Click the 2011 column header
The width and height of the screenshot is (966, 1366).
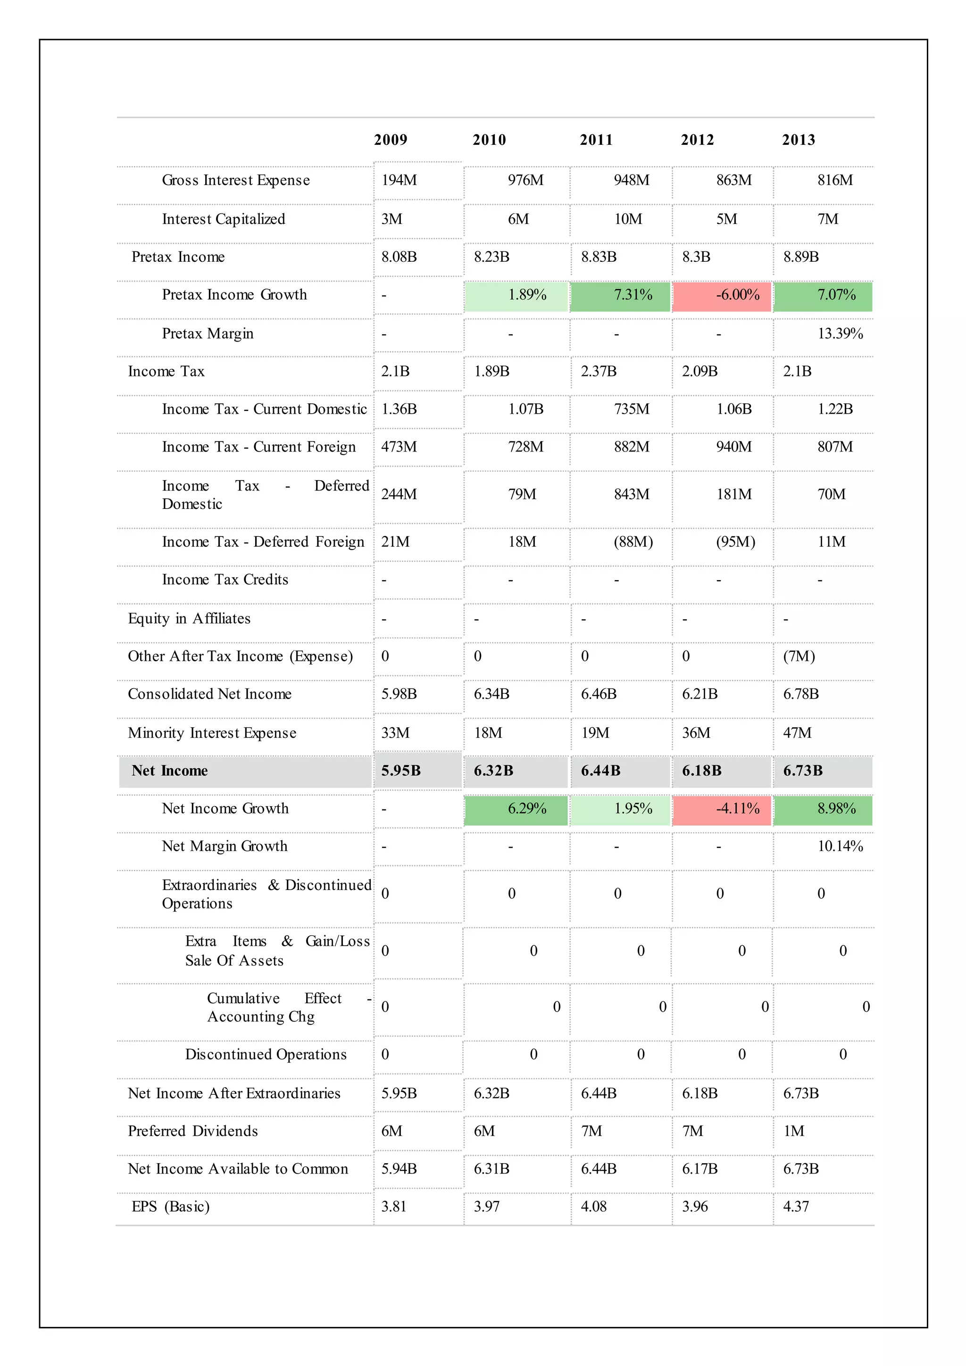click(596, 140)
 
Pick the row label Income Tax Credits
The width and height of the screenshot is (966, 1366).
click(225, 580)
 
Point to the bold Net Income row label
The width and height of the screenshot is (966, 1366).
click(169, 770)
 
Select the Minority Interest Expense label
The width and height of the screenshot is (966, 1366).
click(212, 733)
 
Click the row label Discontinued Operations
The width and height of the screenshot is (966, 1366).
click(265, 1054)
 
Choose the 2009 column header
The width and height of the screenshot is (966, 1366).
click(390, 140)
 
